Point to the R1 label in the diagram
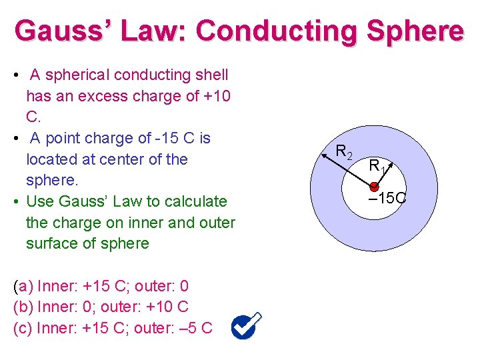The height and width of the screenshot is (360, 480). [377, 165]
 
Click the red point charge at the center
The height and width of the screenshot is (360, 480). [375, 187]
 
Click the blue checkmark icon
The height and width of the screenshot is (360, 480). [247, 326]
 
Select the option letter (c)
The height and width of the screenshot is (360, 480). [23, 327]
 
